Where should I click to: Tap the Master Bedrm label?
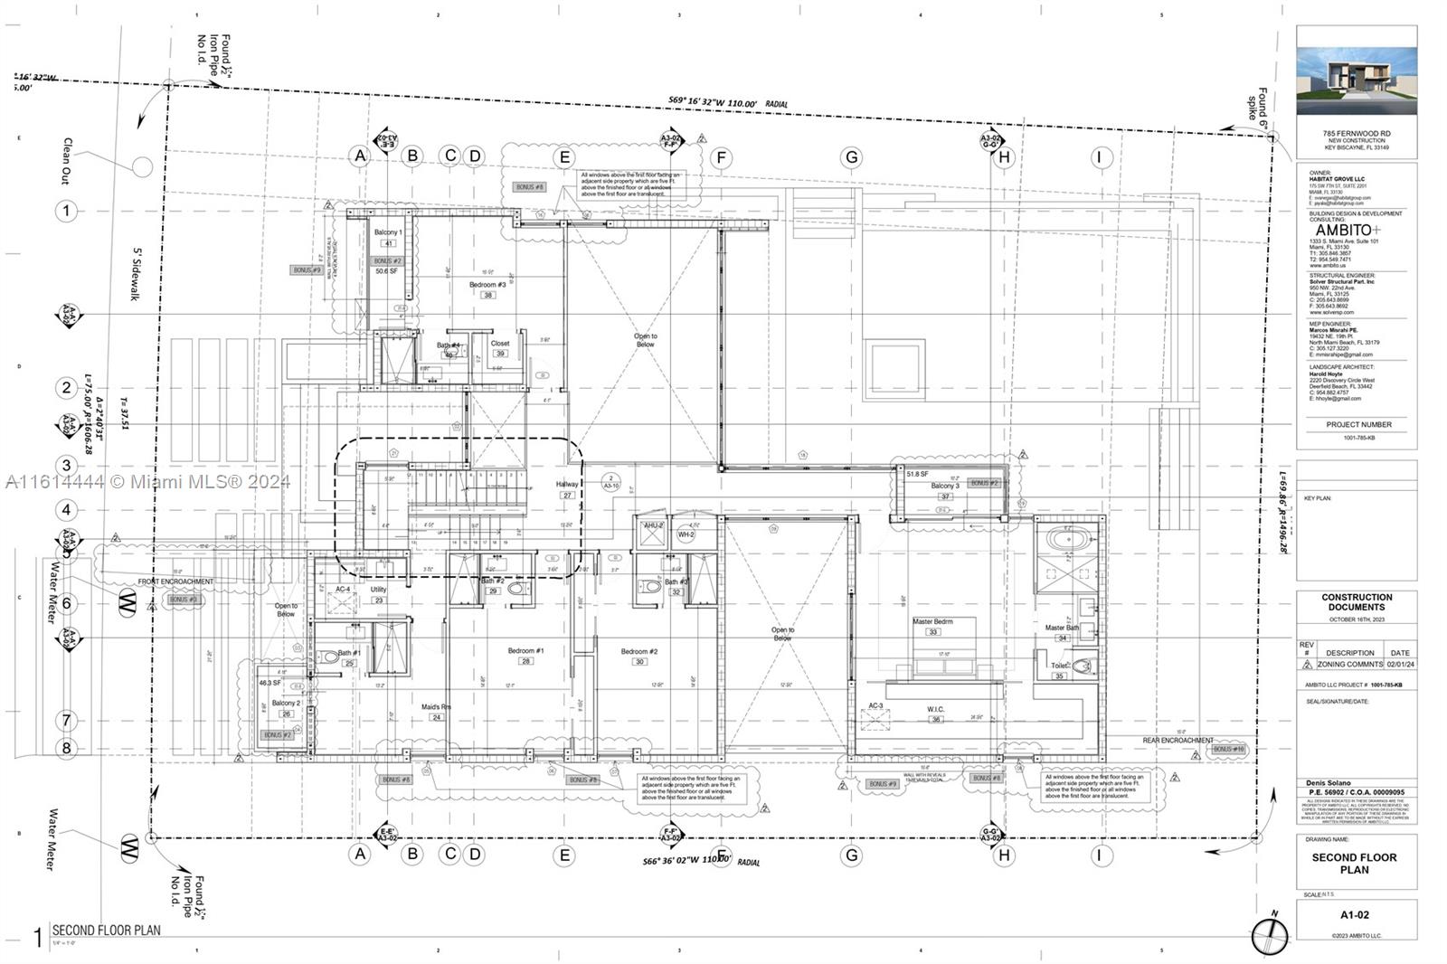click(932, 621)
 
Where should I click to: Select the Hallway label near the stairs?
click(567, 485)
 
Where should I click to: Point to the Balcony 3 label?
click(945, 487)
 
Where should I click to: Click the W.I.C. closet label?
click(935, 709)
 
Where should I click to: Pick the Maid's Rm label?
click(436, 707)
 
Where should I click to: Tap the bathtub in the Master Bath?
click(1070, 541)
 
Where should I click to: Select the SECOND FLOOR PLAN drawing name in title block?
click(1354, 864)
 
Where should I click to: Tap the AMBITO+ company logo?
click(1348, 231)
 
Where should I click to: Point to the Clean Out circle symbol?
click(143, 166)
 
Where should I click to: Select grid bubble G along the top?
click(851, 157)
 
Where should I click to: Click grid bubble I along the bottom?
click(1099, 855)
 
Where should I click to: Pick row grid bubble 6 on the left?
click(66, 603)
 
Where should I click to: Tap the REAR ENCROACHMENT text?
click(1177, 741)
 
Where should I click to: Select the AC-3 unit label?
click(875, 706)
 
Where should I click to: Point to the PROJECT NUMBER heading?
click(1358, 424)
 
